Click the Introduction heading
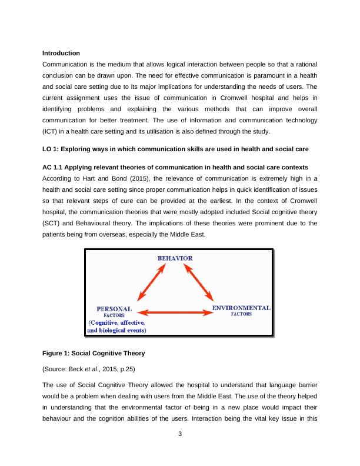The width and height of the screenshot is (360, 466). click(61, 53)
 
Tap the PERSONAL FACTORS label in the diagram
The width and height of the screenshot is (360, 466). click(114, 311)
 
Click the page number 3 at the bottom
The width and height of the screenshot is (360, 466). click(180, 451)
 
